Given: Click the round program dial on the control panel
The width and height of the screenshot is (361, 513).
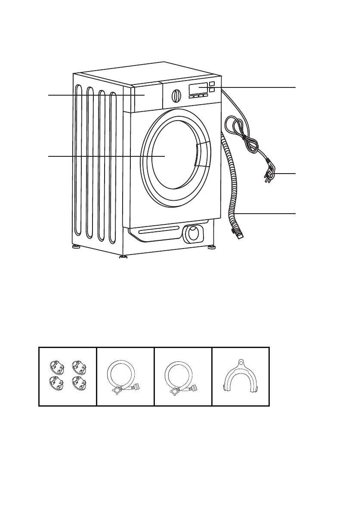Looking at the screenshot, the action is coord(176,95).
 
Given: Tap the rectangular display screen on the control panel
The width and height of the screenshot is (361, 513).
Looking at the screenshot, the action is coord(198,89).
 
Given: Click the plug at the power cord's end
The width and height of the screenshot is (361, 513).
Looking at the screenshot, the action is coord(270,173).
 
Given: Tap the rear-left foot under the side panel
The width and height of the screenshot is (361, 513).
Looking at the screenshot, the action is coord(76,248).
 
